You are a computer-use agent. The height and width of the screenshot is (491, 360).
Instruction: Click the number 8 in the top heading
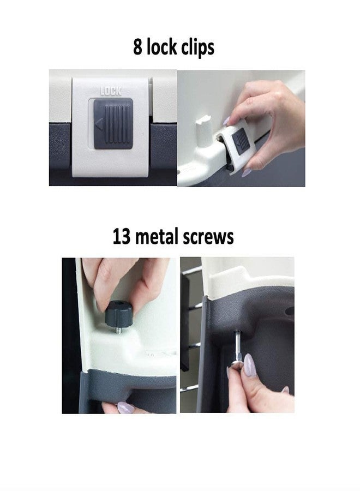137,47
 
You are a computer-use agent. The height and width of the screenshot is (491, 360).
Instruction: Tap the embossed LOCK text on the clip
111,91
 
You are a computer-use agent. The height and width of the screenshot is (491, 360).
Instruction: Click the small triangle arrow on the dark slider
99,123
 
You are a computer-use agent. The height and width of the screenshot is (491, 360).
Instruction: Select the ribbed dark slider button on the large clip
113,123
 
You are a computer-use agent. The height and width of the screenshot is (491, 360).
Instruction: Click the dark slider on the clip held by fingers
242,142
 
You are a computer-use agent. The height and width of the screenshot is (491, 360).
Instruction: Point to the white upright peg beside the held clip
204,130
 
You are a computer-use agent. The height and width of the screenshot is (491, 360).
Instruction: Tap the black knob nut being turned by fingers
118,314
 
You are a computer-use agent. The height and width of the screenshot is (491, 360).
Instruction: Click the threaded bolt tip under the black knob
119,330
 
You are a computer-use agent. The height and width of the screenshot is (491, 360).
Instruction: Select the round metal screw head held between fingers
237,365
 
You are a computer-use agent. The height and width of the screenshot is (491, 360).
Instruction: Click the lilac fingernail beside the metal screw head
249,365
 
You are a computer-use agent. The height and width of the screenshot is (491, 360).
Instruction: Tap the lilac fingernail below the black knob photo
125,408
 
